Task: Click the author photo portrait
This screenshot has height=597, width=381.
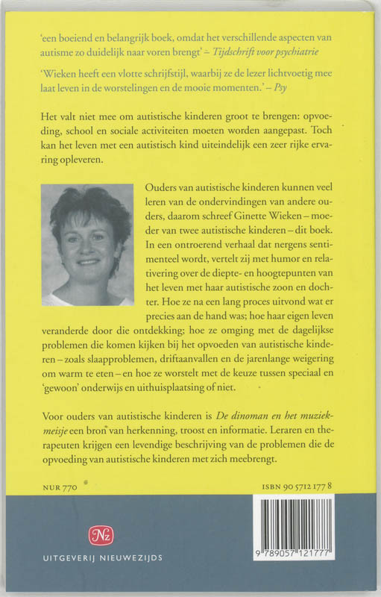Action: click(86, 245)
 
